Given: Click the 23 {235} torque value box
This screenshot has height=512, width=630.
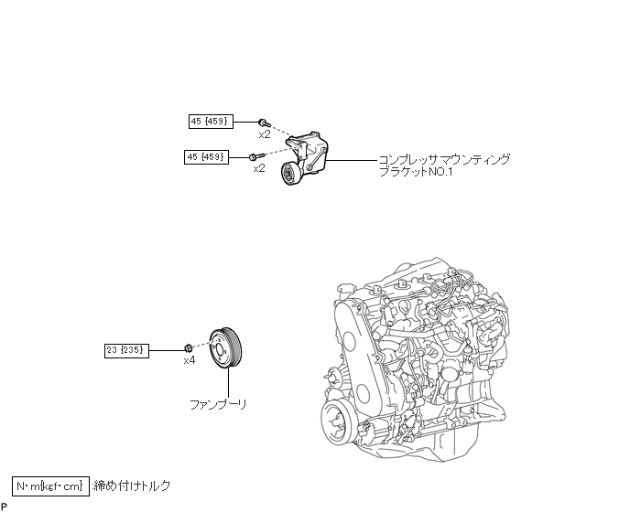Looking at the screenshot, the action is [126, 351].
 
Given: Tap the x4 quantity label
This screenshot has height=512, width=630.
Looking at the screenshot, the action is [190, 361].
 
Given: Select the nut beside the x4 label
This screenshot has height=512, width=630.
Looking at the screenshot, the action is [188, 348].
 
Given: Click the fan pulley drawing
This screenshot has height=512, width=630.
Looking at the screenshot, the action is [226, 348].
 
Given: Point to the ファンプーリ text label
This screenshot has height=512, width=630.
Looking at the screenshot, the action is [218, 404].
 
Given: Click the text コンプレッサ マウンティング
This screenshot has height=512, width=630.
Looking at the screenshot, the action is [445, 159].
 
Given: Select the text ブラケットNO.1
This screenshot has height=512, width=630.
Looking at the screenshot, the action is [416, 172].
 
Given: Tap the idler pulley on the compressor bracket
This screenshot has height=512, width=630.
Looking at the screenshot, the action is [290, 174].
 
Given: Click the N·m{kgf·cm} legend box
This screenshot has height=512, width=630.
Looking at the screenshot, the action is [50, 485].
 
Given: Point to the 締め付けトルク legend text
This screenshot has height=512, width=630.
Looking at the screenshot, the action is [132, 485].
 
